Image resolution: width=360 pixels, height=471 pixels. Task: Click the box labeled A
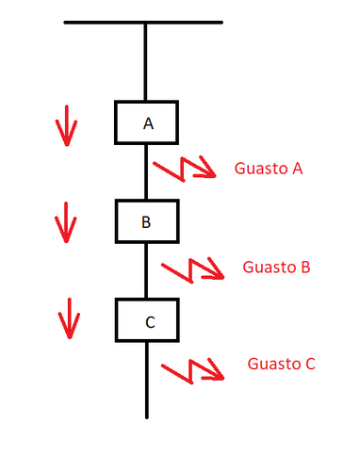coord(147,122)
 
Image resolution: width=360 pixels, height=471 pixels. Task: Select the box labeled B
coord(147,221)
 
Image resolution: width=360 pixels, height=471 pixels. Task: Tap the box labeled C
coord(148,320)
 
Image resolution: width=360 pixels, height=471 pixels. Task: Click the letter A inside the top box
coord(148,123)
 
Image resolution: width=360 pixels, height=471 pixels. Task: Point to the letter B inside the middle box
coord(146,222)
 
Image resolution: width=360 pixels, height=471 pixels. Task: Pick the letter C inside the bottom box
coord(149,322)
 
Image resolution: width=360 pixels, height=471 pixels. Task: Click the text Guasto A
coord(270,170)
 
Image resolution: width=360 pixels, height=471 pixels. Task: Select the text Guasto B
coord(276,267)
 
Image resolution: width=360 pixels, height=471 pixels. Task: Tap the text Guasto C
coord(281,363)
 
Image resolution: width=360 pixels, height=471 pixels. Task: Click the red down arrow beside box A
coord(64,124)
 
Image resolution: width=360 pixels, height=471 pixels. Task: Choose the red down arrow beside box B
coord(64,223)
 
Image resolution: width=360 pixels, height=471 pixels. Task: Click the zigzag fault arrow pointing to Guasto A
coord(188,169)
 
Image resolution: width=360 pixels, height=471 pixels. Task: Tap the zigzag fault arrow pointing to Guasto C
coord(193,367)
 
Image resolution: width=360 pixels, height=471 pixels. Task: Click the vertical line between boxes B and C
coord(146,271)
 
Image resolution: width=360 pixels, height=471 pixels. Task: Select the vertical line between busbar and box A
coord(146,61)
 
